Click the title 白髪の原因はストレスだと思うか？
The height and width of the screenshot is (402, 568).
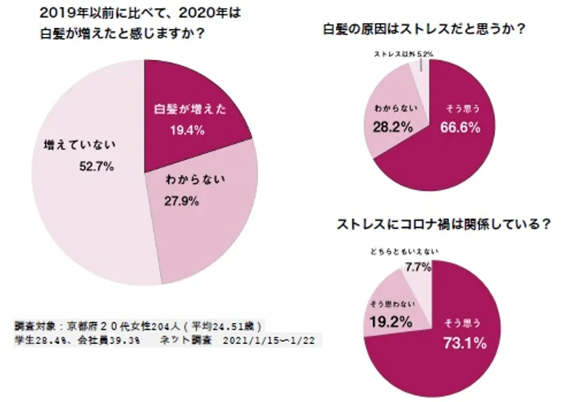coord(425,29)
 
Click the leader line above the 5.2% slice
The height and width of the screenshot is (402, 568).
coord(421,64)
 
